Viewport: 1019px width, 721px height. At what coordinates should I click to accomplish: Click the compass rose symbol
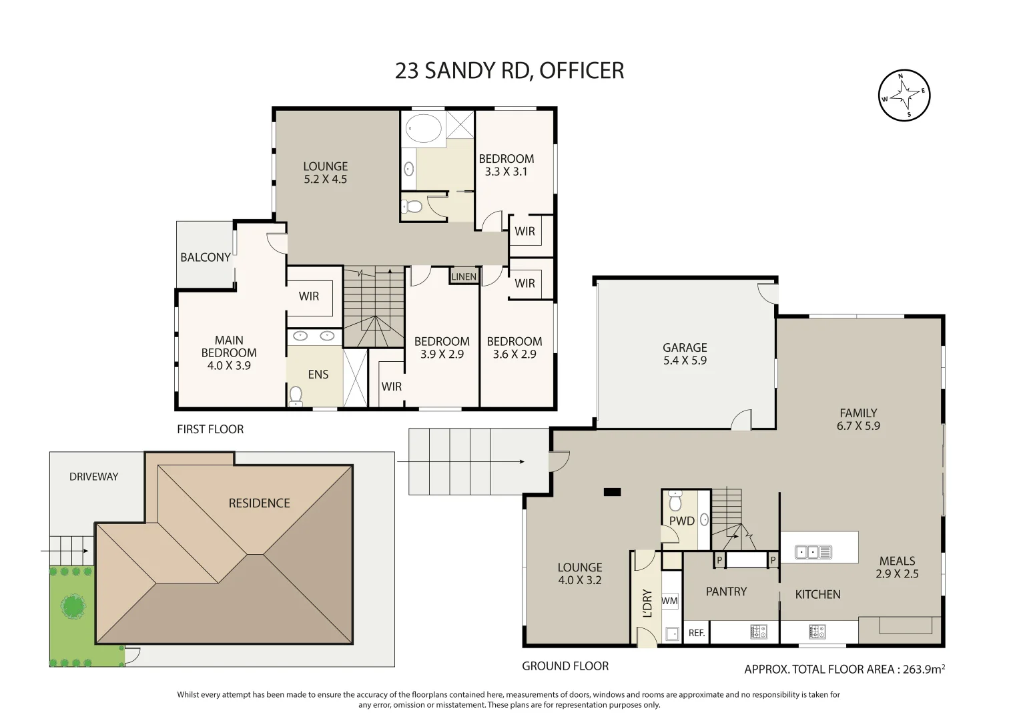[904, 95]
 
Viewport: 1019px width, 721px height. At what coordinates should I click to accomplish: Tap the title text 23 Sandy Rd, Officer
[509, 71]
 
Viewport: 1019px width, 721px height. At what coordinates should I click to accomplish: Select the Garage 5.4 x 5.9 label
[685, 354]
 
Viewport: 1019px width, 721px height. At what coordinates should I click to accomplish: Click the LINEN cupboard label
[464, 276]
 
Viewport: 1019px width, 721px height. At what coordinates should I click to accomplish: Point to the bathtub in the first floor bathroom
[424, 128]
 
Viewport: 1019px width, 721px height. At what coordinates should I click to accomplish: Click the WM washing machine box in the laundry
[670, 601]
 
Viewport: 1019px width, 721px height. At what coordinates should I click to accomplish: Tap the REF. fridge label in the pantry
[697, 632]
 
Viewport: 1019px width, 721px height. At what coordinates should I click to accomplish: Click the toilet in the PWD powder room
[675, 501]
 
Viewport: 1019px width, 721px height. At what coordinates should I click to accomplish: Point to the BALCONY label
[206, 257]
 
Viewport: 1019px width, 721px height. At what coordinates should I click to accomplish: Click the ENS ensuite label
[318, 375]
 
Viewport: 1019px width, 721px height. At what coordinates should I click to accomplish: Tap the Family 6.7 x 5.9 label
[858, 419]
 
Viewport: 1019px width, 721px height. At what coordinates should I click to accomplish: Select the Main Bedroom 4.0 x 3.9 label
[229, 352]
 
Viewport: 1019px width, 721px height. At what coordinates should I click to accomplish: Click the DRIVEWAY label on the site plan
[93, 477]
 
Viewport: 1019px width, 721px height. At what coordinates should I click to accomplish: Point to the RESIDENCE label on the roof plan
[259, 503]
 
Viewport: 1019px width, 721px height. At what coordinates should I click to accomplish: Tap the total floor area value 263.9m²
[924, 669]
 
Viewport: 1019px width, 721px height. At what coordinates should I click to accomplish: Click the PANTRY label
[726, 591]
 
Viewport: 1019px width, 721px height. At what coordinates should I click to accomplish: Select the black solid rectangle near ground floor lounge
[612, 492]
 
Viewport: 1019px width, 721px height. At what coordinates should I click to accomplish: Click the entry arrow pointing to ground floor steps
[460, 461]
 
